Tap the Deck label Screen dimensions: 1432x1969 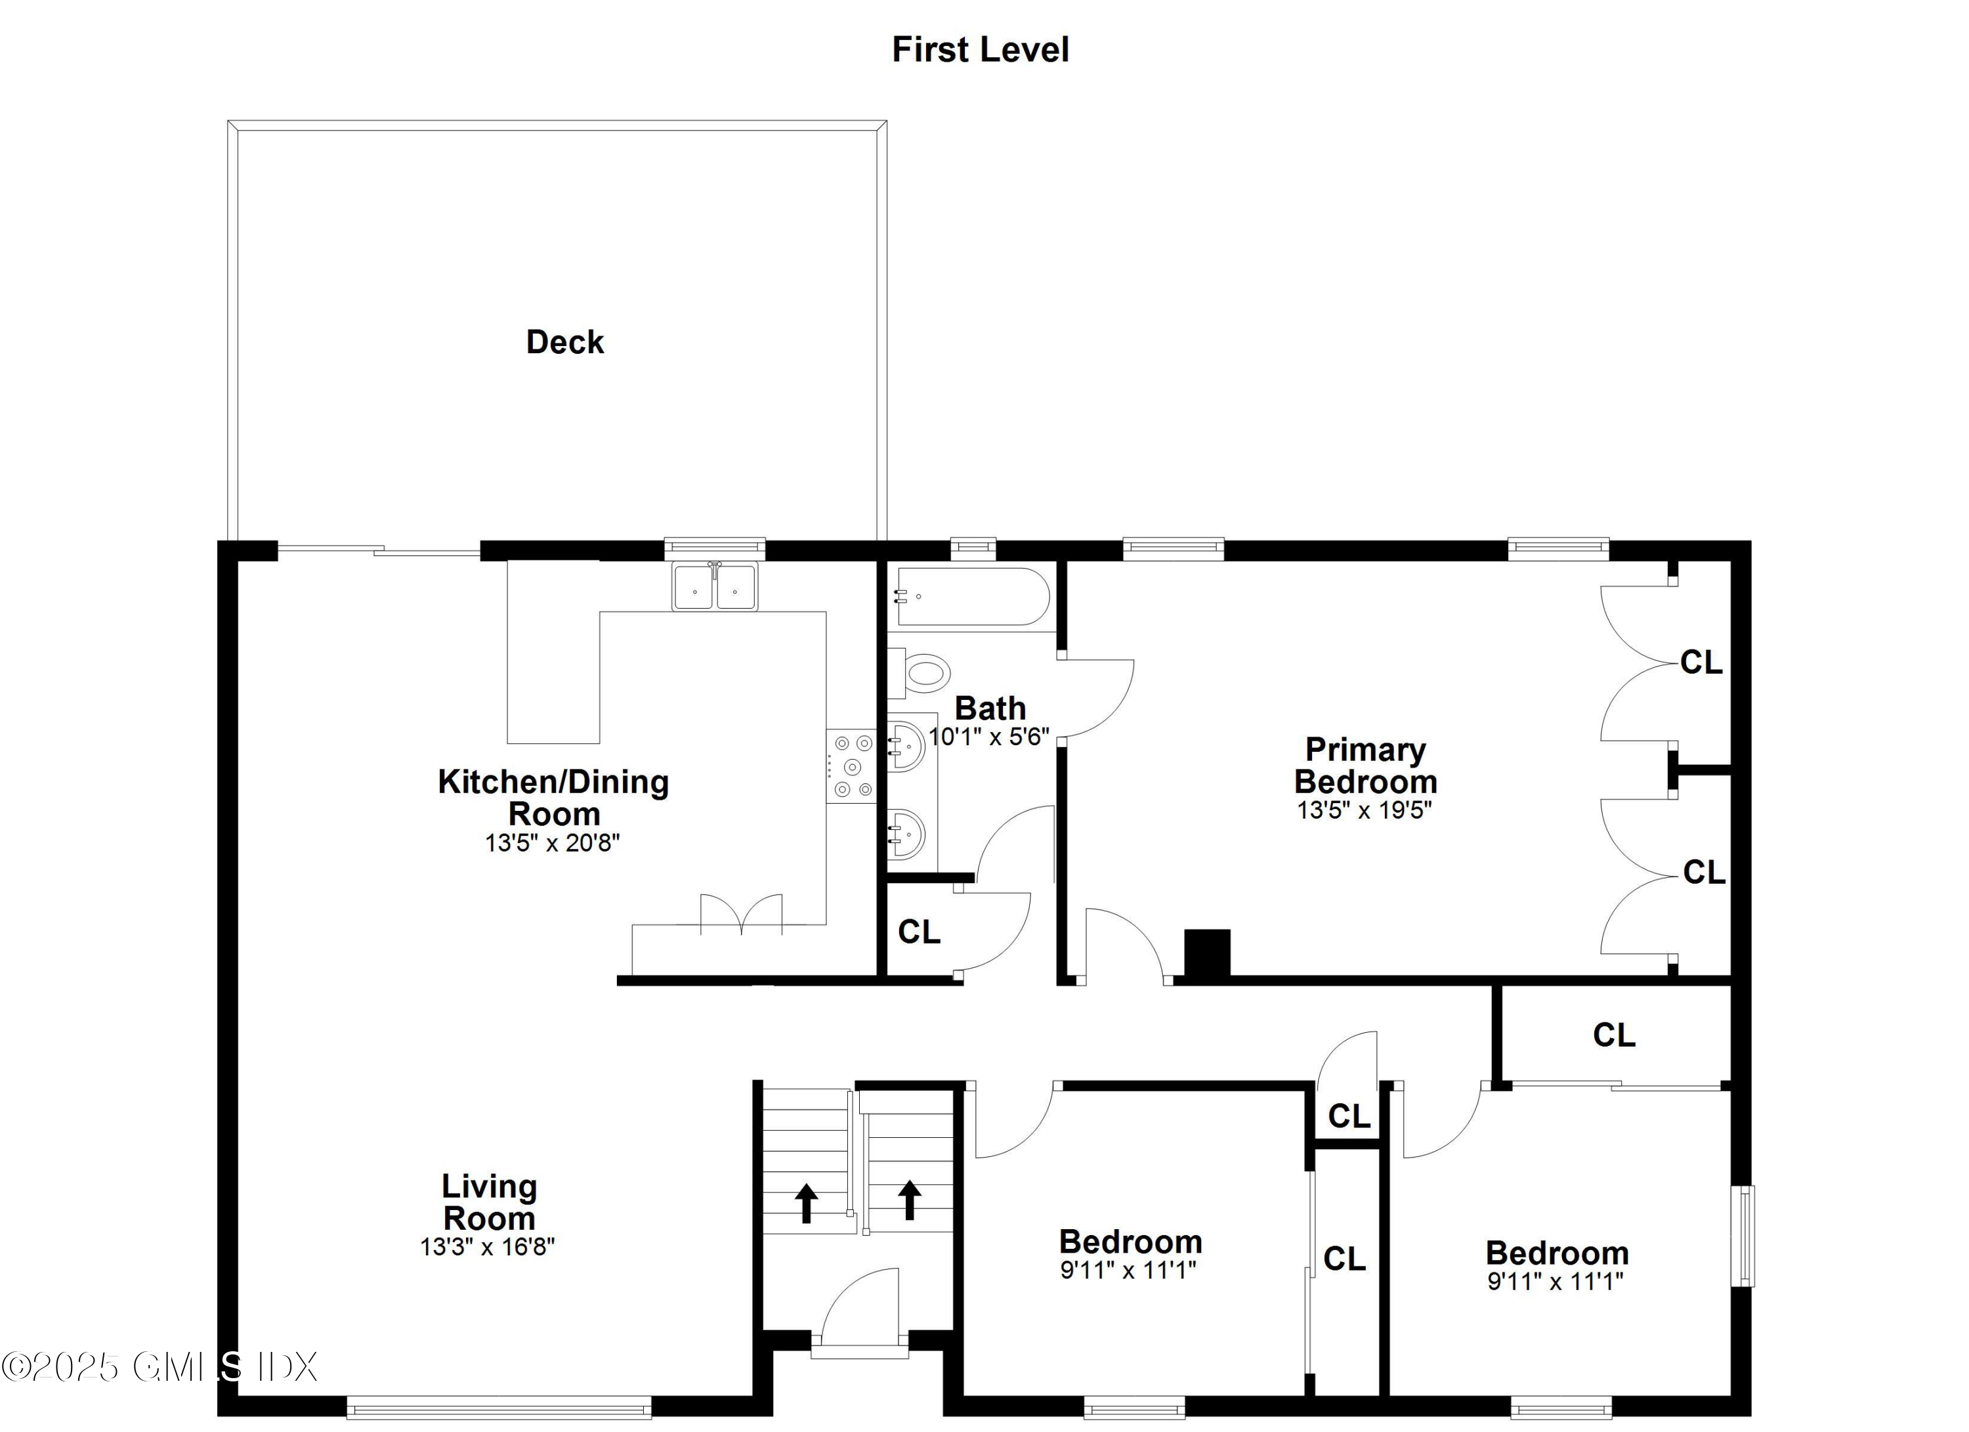click(x=564, y=342)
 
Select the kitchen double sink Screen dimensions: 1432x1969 click(x=715, y=587)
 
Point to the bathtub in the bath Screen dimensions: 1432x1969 click(x=972, y=597)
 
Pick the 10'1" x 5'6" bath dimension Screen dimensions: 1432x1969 click(x=989, y=737)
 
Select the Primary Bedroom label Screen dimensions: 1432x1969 click(x=1366, y=765)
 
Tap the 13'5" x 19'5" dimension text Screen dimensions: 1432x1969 click(x=1364, y=810)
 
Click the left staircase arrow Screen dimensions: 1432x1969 click(x=807, y=1202)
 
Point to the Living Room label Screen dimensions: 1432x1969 click(x=489, y=1202)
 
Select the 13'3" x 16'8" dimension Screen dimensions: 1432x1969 click(x=487, y=1247)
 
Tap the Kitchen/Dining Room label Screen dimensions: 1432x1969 click(x=553, y=797)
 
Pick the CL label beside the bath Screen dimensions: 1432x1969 click(x=918, y=932)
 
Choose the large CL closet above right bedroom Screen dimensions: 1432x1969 click(x=1614, y=1034)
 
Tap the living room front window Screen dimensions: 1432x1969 click(x=499, y=1407)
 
